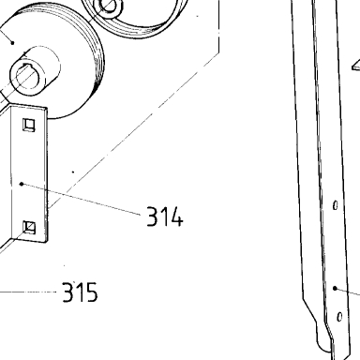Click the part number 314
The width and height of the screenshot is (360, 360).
click(165, 217)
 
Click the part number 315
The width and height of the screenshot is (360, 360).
click(80, 292)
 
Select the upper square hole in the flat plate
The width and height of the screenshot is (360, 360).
click(29, 125)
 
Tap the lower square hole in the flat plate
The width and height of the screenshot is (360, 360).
click(29, 227)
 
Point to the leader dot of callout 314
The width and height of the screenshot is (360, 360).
click(22, 184)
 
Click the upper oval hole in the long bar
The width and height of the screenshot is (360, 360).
click(336, 205)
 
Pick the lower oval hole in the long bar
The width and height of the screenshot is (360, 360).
click(339, 317)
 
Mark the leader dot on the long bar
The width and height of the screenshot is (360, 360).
click(335, 288)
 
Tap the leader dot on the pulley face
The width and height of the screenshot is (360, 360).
click(12, 42)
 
